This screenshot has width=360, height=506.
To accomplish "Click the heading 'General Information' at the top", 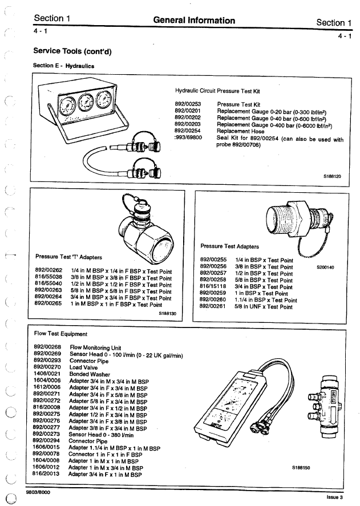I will (194, 21).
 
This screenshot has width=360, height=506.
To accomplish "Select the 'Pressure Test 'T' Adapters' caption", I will (66, 256).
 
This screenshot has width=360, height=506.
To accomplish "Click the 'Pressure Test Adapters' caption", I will (230, 246).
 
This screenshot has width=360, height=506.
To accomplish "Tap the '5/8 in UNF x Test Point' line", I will (264, 306).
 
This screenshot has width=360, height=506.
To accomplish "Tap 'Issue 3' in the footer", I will (335, 497).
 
